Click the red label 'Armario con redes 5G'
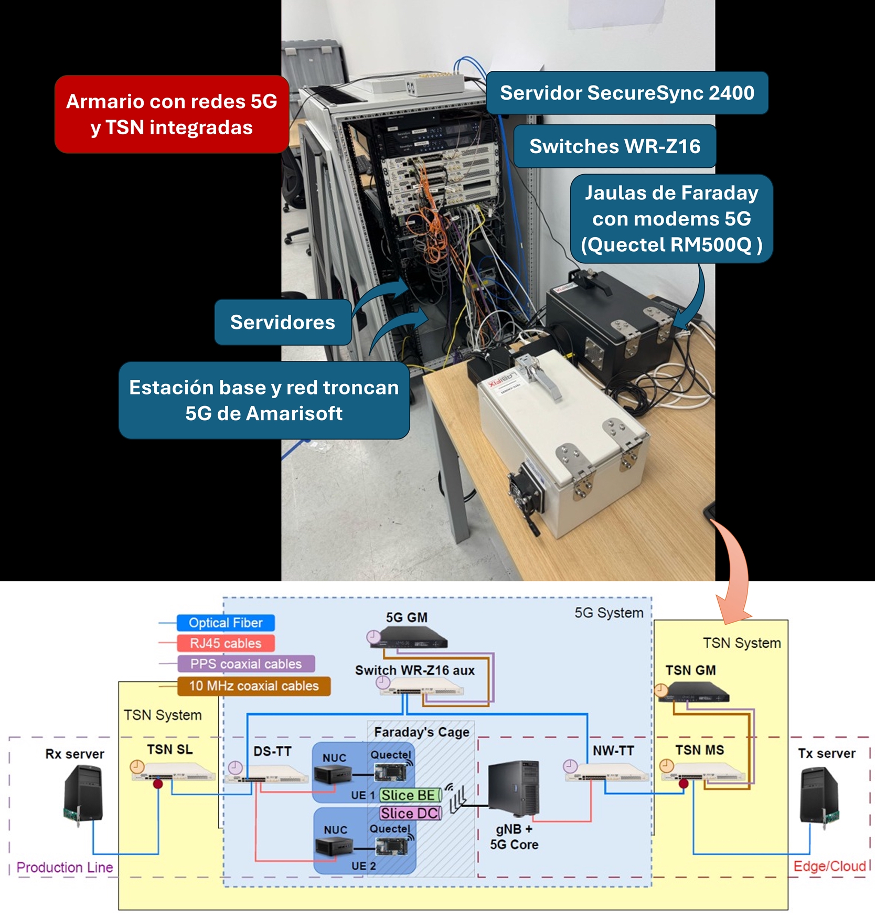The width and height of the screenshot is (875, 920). tap(172, 114)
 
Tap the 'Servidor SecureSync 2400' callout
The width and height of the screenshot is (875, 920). tap(627, 93)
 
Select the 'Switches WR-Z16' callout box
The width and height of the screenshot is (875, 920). tap(615, 146)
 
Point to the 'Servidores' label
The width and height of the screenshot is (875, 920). tap(283, 322)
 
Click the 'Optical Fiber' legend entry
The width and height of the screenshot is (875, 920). tap(226, 623)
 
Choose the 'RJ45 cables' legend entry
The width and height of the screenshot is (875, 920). tap(226, 643)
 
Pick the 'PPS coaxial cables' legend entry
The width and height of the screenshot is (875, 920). tap(246, 664)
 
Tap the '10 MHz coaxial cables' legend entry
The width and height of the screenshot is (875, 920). tap(254, 686)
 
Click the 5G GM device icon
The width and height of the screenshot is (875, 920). tap(413, 638)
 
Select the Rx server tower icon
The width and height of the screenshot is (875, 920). tap(83, 792)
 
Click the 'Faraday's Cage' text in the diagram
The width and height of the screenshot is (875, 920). tap(422, 732)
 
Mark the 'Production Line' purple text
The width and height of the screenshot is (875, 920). tap(65, 867)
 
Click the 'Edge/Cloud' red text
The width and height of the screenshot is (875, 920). tap(829, 866)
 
